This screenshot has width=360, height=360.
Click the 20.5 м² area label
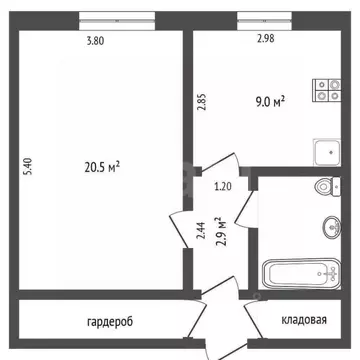102,167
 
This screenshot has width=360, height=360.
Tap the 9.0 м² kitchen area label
270,100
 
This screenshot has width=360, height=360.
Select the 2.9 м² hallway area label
219,231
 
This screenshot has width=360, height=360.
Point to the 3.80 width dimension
95,41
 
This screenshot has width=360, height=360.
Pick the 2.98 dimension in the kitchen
265,39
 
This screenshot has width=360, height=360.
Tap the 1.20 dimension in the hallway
223,187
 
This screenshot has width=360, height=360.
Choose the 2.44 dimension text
200,231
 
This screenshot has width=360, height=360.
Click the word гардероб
110,322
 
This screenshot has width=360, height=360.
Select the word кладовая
304,320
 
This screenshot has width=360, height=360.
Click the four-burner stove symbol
327,91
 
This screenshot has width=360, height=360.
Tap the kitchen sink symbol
327,152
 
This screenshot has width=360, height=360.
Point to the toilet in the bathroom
327,186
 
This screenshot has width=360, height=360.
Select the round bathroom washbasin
332,227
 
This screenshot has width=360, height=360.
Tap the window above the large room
117,21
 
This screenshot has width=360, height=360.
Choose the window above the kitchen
264,21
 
